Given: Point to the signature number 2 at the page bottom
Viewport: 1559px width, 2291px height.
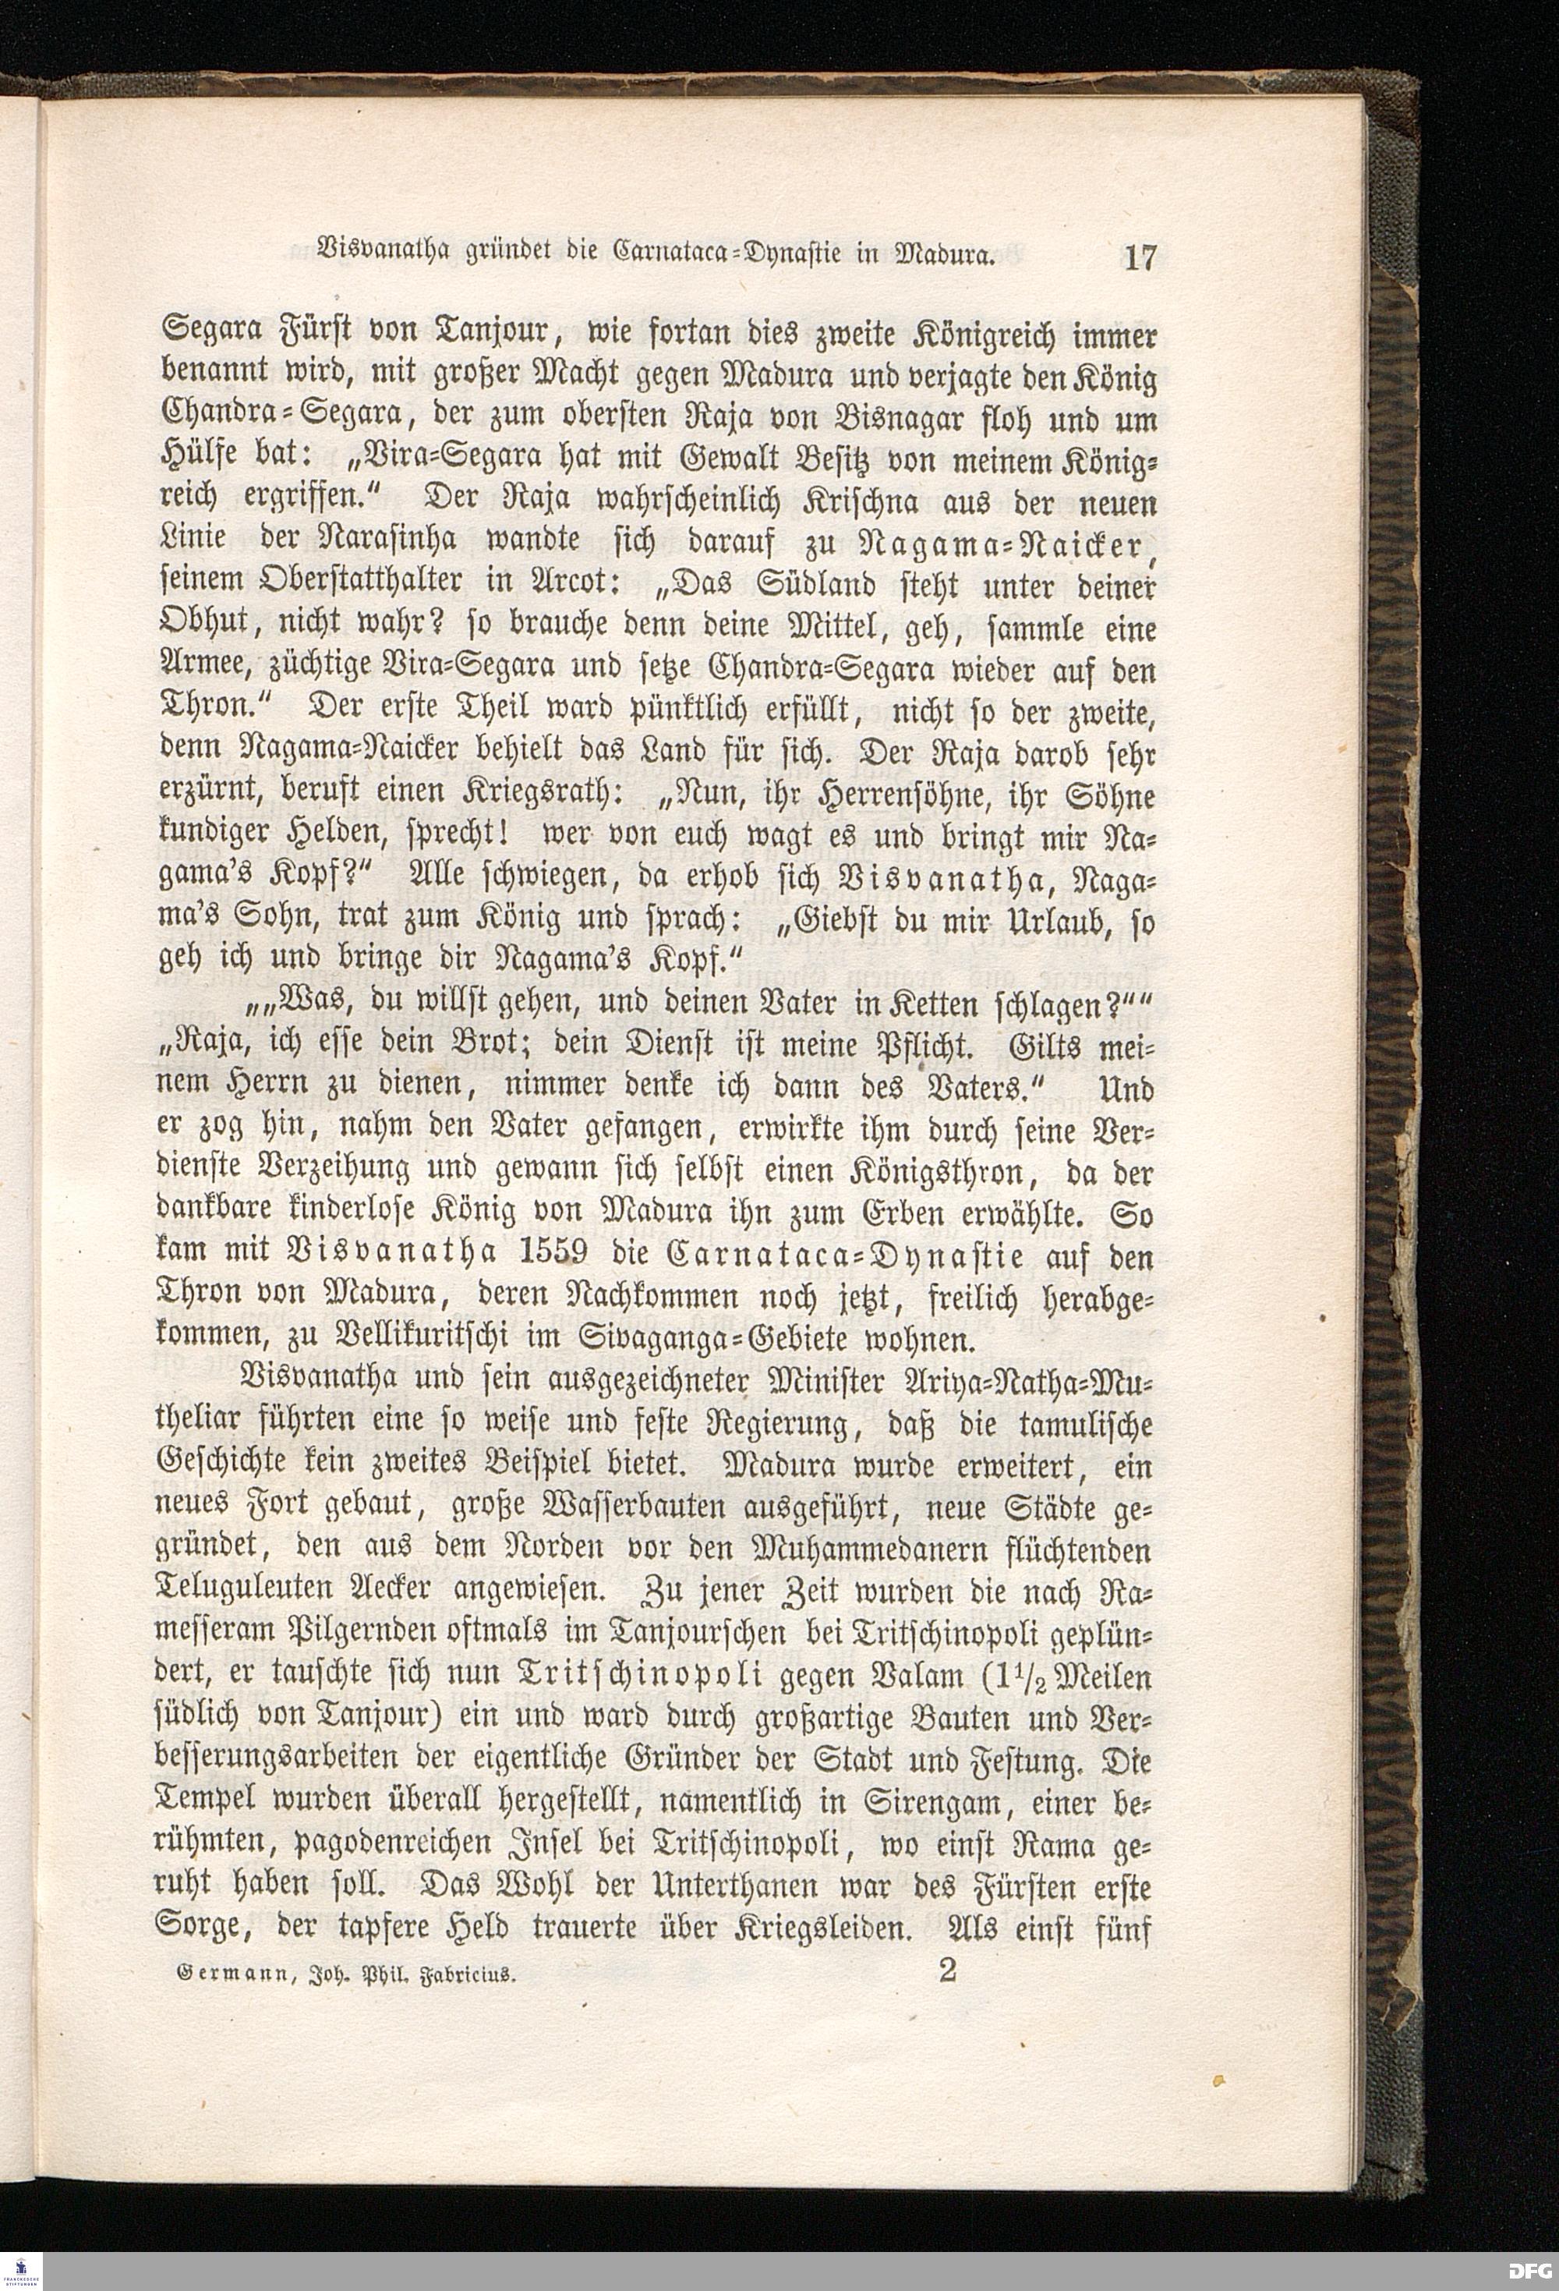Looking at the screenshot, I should pyautogui.click(x=948, y=1970).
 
